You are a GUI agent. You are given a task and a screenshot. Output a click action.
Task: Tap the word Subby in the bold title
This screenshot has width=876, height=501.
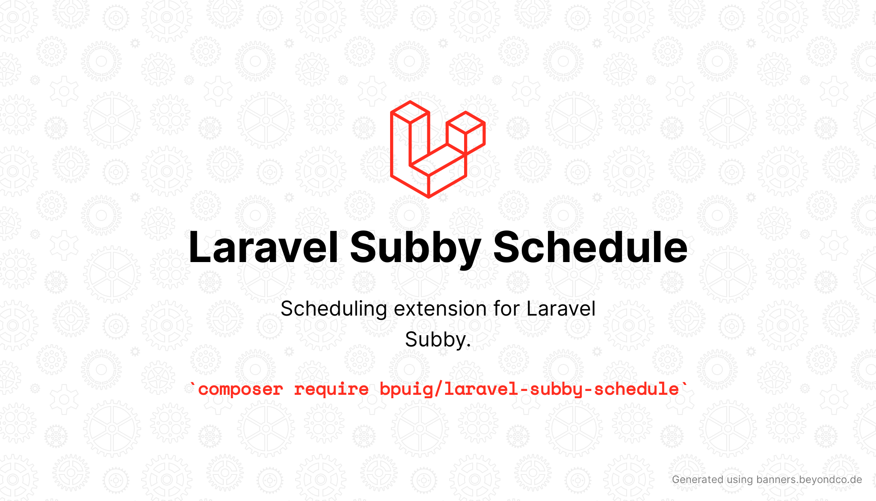click(x=415, y=249)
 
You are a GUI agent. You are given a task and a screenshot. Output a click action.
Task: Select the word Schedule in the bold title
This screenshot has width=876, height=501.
click(x=590, y=247)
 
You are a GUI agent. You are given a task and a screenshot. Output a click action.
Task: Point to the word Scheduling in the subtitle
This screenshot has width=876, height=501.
click(x=334, y=309)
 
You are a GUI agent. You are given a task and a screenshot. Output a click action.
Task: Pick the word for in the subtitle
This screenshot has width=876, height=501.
click(x=506, y=309)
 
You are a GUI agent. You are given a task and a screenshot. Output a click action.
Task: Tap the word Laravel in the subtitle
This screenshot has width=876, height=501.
click(x=561, y=309)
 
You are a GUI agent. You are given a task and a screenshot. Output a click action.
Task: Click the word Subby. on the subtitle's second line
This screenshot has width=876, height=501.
click(x=438, y=340)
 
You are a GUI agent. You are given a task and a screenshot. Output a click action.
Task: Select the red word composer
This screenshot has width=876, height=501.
click(x=240, y=390)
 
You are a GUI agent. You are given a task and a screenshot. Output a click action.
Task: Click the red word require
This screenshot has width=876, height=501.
click(x=331, y=390)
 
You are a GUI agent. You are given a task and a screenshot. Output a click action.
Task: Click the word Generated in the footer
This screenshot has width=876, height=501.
click(x=698, y=480)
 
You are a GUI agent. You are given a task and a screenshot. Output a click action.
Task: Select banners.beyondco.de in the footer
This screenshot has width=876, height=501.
click(x=809, y=480)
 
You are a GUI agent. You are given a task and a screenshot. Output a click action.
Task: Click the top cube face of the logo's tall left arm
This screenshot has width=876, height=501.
click(x=410, y=112)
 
